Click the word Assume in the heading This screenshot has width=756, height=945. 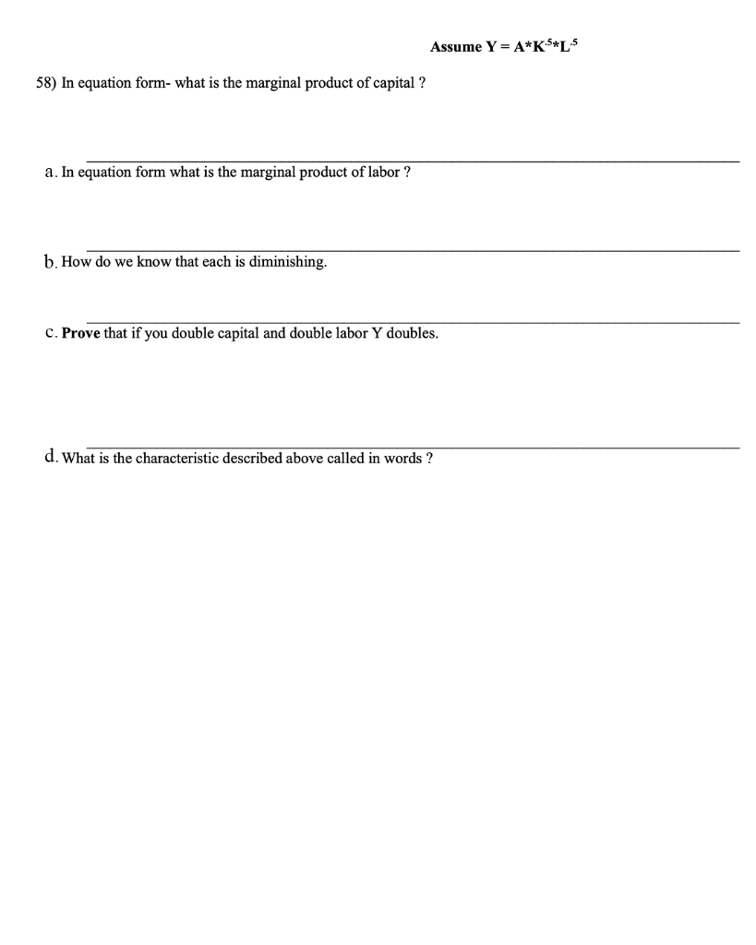[456, 47]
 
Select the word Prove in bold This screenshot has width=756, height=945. [81, 333]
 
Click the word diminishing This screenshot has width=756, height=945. [288, 262]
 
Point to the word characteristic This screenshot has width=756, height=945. [175, 458]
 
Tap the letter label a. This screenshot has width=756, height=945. [50, 173]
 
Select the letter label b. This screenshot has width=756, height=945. [50, 262]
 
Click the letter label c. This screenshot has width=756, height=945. [50, 333]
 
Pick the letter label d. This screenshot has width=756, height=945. [50, 457]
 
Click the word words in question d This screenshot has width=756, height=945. [399, 458]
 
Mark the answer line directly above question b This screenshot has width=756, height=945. [413, 250]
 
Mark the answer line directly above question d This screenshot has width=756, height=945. [413, 448]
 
